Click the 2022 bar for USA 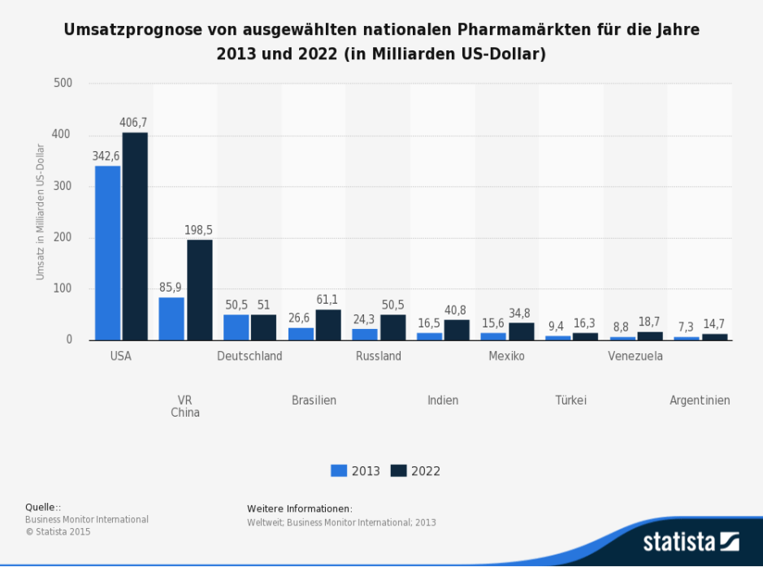[135, 236]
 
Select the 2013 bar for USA [107, 253]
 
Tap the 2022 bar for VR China [199, 289]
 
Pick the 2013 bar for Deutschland [236, 327]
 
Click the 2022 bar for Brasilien [328, 325]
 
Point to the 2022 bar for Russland [392, 327]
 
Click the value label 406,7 [133, 123]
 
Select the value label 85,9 [171, 288]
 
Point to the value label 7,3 [686, 327]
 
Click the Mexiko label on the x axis [506, 356]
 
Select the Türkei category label [570, 400]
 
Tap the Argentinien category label [700, 400]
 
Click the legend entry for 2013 [355, 471]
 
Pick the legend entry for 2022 [415, 471]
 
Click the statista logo [691, 541]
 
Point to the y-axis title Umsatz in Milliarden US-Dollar [40, 211]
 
